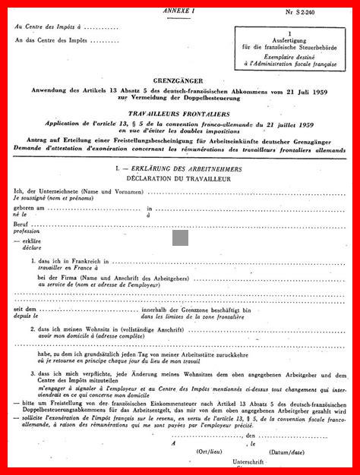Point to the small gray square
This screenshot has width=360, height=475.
click(180, 237)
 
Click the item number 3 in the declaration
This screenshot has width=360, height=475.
click(33, 373)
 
